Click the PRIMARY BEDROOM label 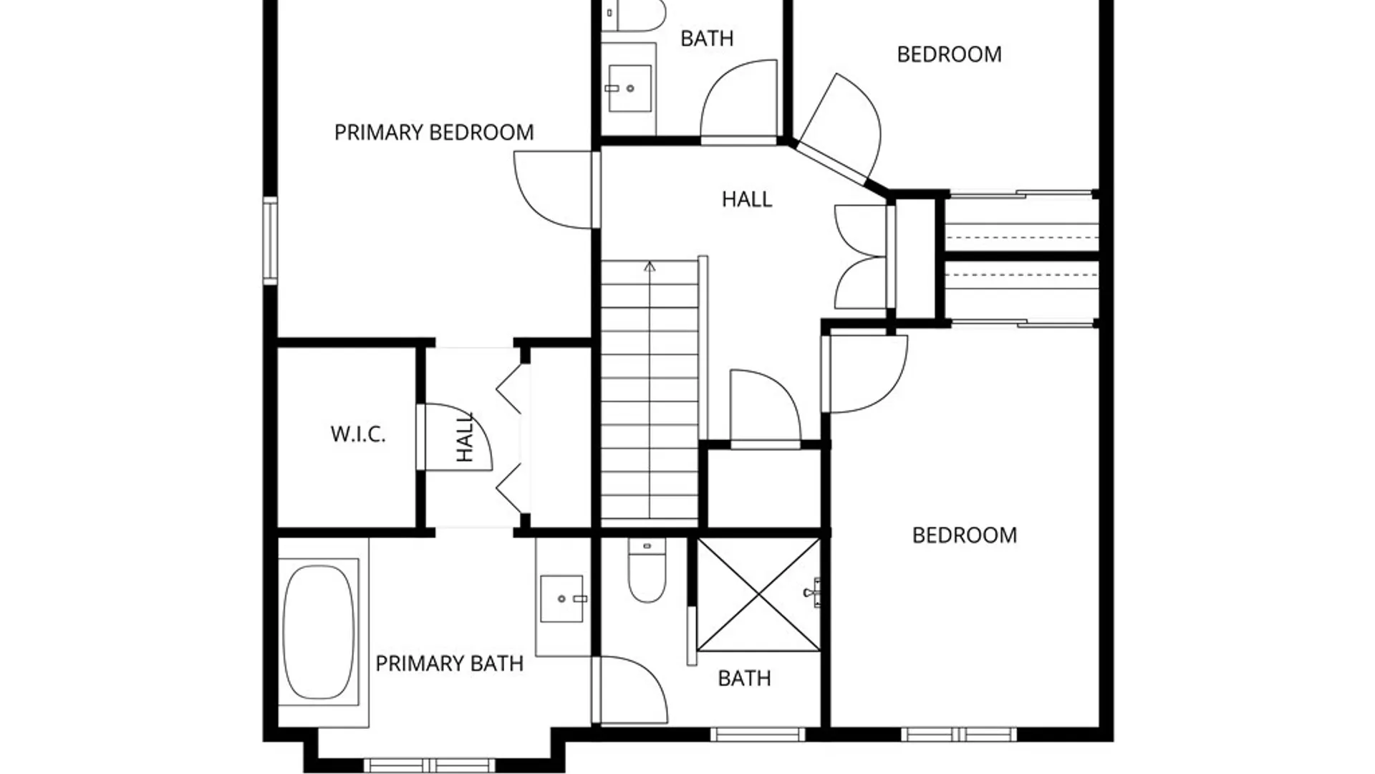(x=434, y=133)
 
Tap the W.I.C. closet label (x=358, y=434)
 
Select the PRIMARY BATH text (x=449, y=664)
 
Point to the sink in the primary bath (x=562, y=598)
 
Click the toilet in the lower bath (x=647, y=570)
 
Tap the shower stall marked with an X (x=758, y=596)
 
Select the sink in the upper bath (x=629, y=88)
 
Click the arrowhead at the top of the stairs (x=650, y=267)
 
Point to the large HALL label (x=747, y=199)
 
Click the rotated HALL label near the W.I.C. (x=465, y=436)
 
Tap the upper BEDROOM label (x=949, y=54)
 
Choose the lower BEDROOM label (x=964, y=535)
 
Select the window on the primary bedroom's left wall (x=270, y=241)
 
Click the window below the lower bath (x=758, y=735)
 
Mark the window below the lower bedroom (x=958, y=735)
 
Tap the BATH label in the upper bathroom (x=707, y=39)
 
